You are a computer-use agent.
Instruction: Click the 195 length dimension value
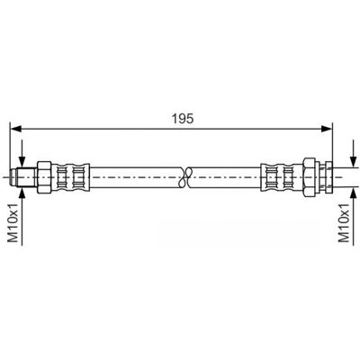183,119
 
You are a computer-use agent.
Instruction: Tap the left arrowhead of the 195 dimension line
16,129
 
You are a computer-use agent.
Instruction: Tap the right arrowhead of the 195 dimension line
327,129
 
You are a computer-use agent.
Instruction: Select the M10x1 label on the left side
13,221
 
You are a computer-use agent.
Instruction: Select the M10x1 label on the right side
344,221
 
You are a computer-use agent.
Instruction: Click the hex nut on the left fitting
44,177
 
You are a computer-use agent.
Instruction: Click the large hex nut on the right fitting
310,177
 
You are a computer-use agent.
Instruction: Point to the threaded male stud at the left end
23,177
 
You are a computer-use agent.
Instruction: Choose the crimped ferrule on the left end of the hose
70,177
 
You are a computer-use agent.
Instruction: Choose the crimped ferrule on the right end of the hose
282,177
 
